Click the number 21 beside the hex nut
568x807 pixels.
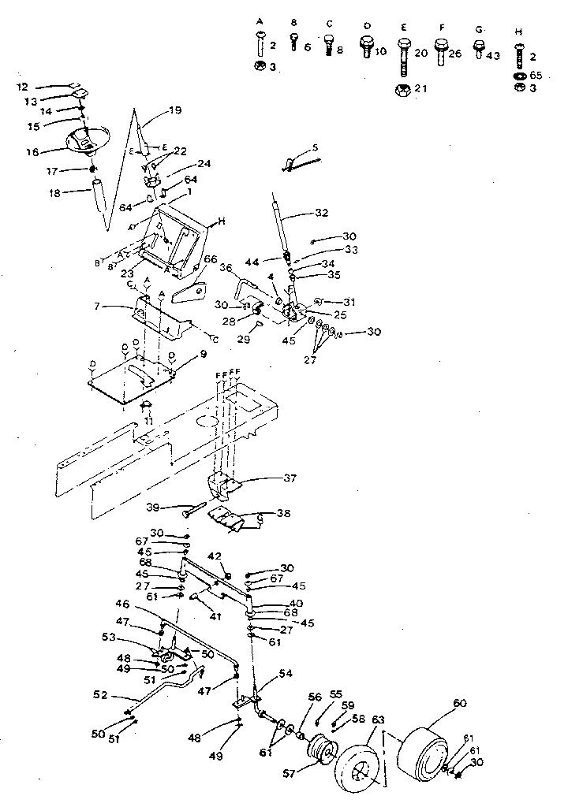[420, 89]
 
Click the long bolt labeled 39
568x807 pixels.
[197, 511]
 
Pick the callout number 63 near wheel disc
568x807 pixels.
[377, 719]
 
